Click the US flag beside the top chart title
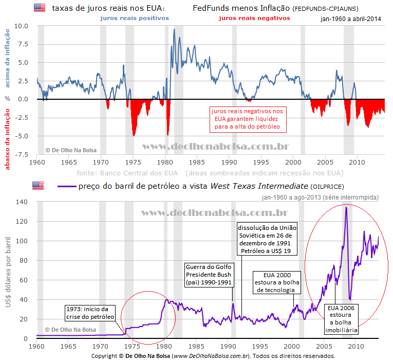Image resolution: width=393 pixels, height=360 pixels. click(x=39, y=8)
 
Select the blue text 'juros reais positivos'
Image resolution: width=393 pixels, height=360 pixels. click(x=135, y=17)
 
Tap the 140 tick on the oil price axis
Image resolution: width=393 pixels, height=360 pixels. click(x=21, y=202)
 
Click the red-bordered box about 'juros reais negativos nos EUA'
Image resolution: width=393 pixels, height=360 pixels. click(x=248, y=119)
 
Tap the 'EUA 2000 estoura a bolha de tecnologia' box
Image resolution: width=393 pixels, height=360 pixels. click(x=275, y=283)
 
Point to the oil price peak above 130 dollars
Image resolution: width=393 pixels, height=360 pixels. click(x=346, y=207)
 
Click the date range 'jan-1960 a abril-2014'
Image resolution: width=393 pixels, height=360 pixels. click(x=350, y=19)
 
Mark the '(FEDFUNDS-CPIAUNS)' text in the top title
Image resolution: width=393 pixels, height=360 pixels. click(x=325, y=9)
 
